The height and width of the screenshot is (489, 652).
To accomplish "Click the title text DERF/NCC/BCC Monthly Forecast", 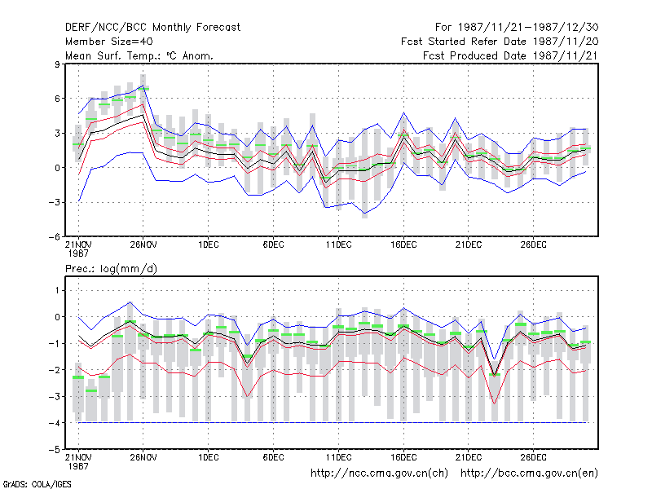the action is click(x=152, y=28).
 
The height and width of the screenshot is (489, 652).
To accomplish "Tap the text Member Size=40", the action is click(x=109, y=42).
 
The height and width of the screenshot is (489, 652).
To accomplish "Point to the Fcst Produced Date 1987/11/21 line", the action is click(x=511, y=55).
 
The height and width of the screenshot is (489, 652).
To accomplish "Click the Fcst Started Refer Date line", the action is click(x=500, y=42).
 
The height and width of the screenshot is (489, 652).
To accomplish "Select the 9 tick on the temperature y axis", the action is click(x=57, y=64).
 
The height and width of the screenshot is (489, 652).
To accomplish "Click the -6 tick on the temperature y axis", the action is click(x=54, y=236).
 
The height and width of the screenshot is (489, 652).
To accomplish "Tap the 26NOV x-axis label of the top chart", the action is click(x=143, y=244).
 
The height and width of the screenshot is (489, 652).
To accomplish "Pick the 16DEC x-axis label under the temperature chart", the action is click(x=403, y=244).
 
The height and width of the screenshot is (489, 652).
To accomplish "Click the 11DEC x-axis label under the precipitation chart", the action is click(x=338, y=457).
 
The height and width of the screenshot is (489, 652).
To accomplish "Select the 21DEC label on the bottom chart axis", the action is click(x=468, y=457).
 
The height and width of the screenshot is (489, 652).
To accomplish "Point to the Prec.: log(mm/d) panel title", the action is click(x=111, y=269).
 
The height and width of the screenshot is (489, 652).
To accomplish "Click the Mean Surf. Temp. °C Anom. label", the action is click(x=139, y=55).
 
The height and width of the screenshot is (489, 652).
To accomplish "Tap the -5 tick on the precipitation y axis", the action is click(x=54, y=450).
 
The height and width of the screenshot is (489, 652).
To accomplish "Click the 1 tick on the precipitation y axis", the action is click(x=57, y=290).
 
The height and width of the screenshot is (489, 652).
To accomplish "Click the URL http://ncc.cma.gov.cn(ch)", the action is click(x=379, y=474).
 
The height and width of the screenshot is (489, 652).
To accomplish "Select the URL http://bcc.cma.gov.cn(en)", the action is click(x=529, y=474).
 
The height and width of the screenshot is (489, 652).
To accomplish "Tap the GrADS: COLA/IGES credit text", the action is click(x=37, y=484).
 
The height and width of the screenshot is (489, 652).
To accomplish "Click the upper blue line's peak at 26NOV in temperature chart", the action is click(x=143, y=86).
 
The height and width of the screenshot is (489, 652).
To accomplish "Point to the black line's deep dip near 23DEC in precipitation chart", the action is click(x=495, y=375).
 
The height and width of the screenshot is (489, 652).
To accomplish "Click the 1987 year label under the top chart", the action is click(x=78, y=253).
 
